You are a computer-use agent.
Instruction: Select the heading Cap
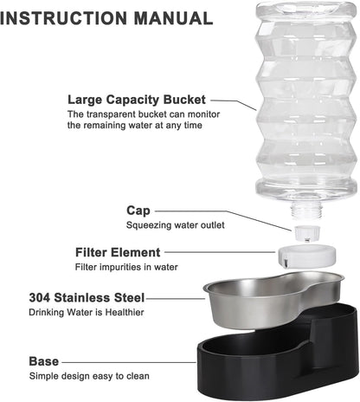(138, 210)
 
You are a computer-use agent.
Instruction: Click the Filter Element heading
(118, 252)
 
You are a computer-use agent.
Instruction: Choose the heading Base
(44, 360)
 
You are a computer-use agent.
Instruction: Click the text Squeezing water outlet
(176, 224)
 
